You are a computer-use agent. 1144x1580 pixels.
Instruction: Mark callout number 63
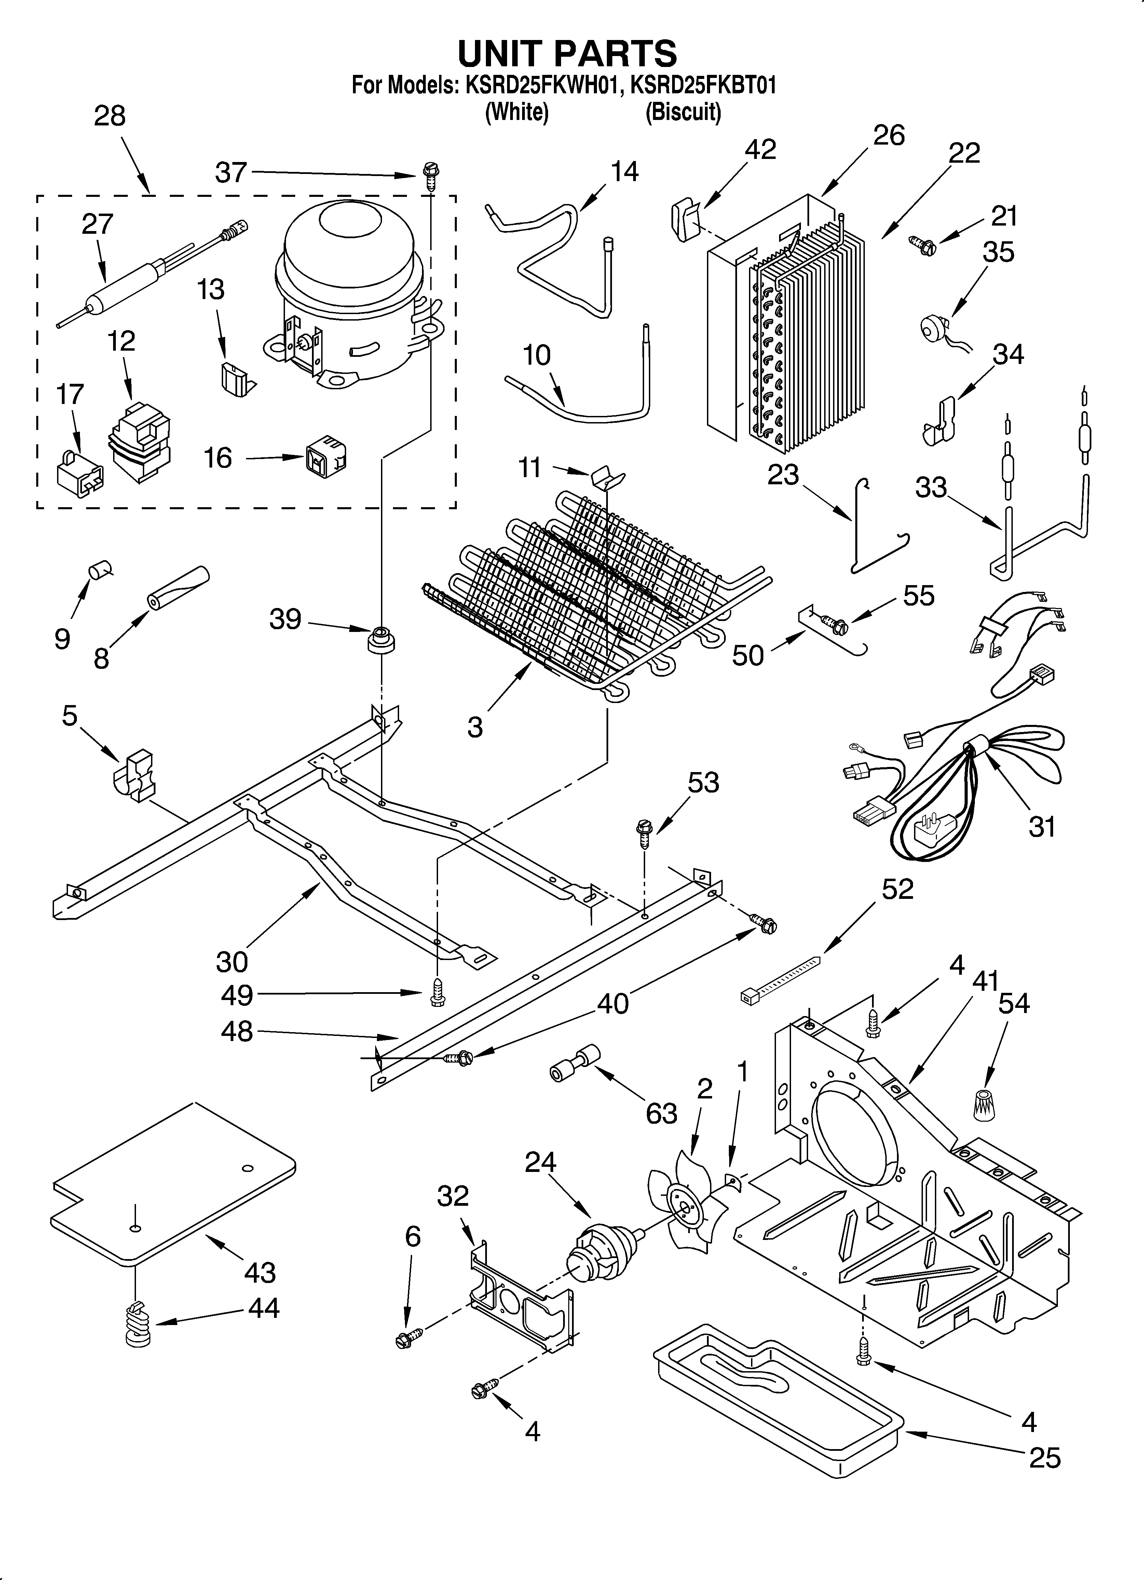(660, 1113)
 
